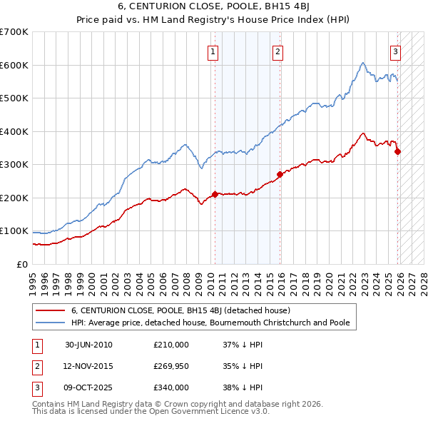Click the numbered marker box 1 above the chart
[x=213, y=51]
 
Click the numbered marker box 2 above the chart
[x=277, y=51]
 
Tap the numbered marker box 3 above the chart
[x=395, y=51]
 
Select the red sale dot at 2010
[x=215, y=194]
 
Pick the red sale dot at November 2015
[x=280, y=174]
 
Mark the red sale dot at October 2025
[x=397, y=151]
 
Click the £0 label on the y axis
[x=22, y=264]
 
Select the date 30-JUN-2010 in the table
[x=88, y=345]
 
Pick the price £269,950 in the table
[x=171, y=366]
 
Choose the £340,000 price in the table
[x=171, y=387]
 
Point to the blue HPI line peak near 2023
[x=363, y=64]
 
